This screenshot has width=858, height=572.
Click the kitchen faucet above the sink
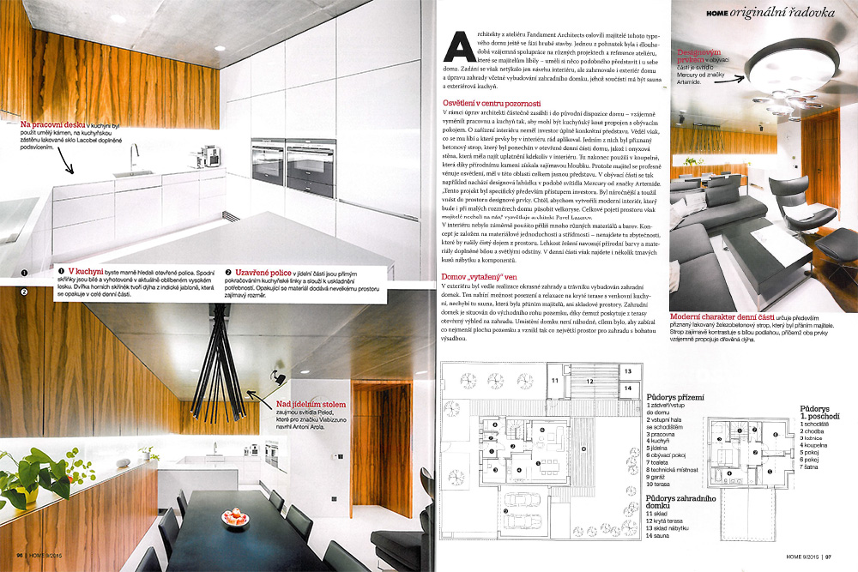pos(135,158)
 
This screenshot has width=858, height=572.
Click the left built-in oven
pos(269,162)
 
